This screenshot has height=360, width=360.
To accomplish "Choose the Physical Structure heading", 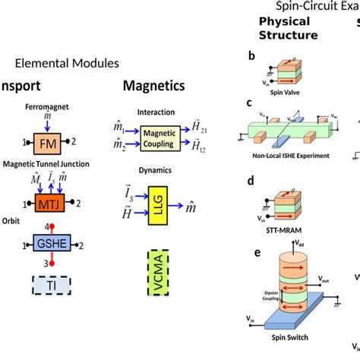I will click(x=289, y=28).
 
